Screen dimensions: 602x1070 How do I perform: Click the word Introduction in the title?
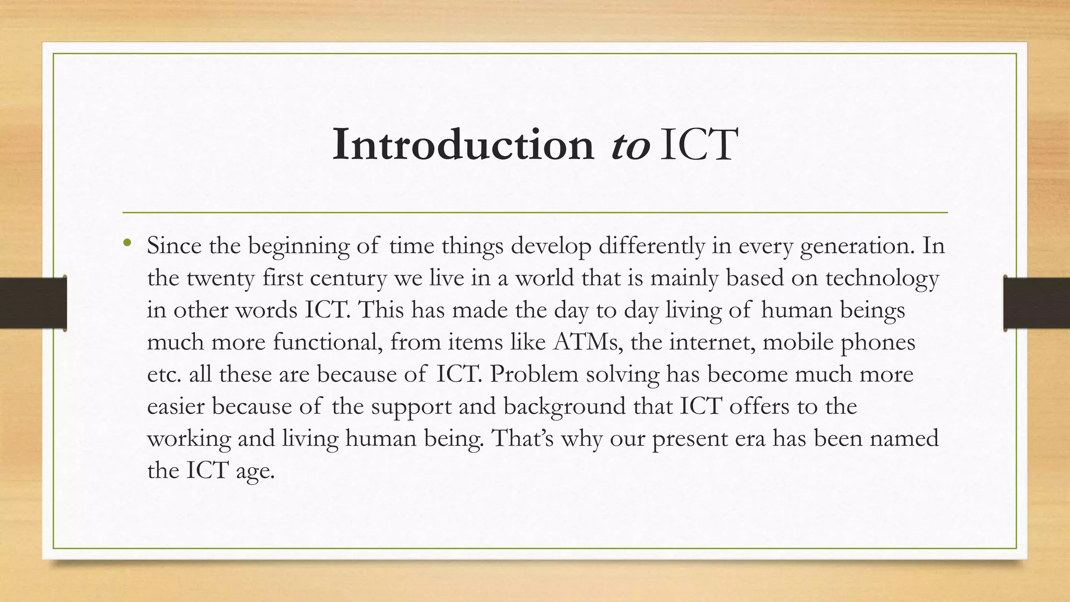click(463, 144)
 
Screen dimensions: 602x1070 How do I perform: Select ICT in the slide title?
click(699, 144)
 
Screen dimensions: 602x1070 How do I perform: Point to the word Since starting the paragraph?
click(174, 246)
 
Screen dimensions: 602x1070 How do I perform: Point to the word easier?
click(176, 407)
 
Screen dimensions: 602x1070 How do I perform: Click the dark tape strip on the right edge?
click(1037, 303)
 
